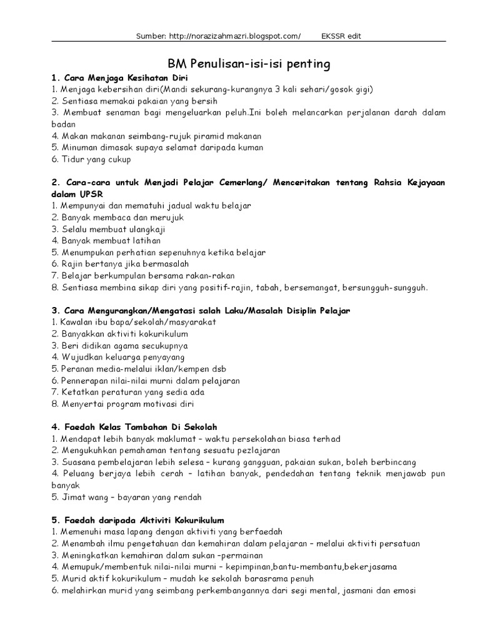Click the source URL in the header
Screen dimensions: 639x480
[x=234, y=36]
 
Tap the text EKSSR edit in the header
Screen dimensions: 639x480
[x=341, y=36]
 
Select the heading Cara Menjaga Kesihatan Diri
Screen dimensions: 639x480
[x=121, y=78]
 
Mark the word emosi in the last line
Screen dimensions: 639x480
[x=403, y=590]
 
